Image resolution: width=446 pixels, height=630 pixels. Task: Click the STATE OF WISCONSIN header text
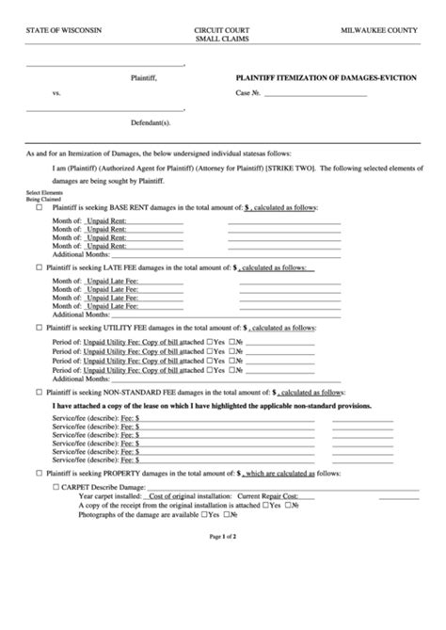(x=64, y=31)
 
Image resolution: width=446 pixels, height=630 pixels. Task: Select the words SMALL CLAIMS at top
(x=217, y=40)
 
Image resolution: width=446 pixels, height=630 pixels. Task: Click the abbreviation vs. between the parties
(x=56, y=95)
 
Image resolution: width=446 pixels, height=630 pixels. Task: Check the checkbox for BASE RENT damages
(x=39, y=206)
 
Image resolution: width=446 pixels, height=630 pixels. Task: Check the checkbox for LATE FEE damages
(x=39, y=267)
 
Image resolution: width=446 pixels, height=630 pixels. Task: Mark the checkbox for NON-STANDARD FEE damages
(x=39, y=391)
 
